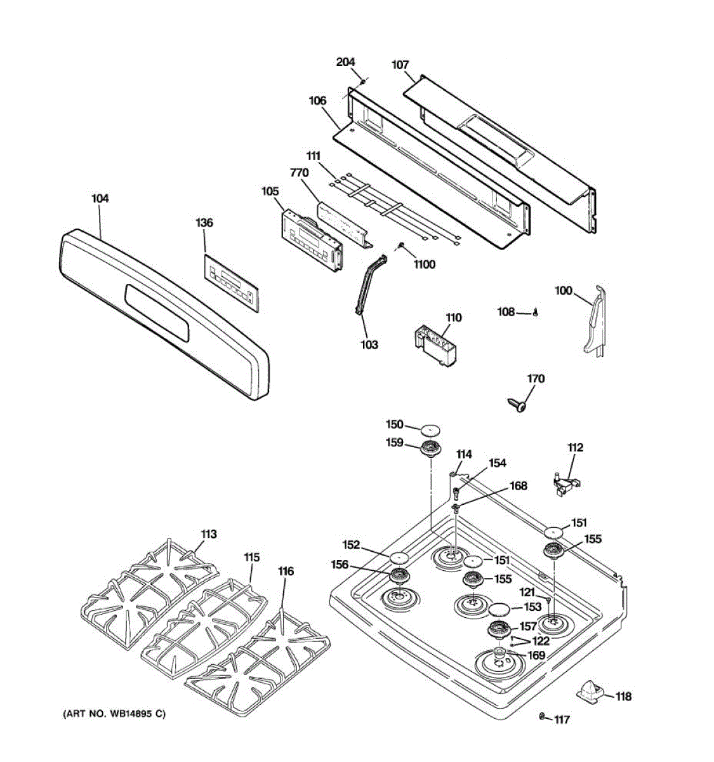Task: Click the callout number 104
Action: coord(100,199)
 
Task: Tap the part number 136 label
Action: coord(204,223)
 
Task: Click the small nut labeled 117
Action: coord(541,716)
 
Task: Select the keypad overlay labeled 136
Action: coord(232,283)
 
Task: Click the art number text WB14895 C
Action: coord(114,714)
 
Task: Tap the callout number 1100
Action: coord(424,264)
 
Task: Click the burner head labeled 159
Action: coord(431,447)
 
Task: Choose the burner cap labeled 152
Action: coord(398,558)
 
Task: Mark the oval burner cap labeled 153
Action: coord(499,610)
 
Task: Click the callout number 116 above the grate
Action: coord(286,571)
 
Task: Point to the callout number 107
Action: coord(400,65)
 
